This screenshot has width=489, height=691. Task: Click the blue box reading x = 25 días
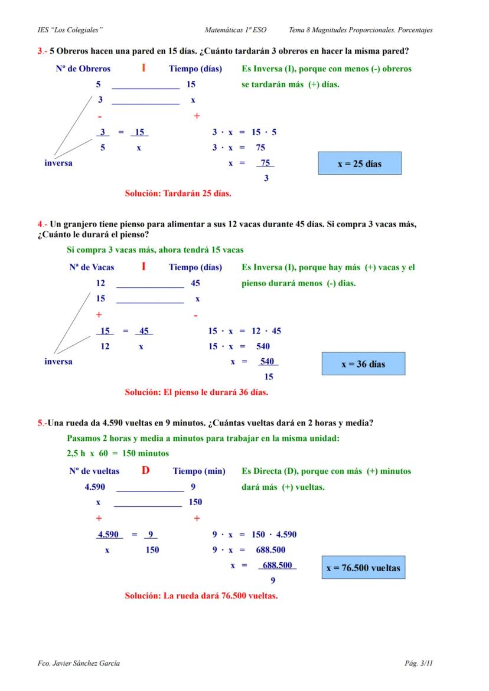360,163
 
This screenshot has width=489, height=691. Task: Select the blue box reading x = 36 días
363,364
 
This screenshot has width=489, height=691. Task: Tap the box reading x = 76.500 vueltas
363,568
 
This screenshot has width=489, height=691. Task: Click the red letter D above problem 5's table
146,470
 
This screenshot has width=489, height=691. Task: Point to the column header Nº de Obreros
83,69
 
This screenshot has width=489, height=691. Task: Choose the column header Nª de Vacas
92,267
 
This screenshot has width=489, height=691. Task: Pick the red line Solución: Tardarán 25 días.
178,193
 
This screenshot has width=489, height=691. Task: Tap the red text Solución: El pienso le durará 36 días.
196,391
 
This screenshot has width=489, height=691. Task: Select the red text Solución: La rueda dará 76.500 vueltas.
201,595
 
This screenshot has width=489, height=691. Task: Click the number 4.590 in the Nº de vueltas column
96,487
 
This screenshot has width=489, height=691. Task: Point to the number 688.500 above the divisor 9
278,565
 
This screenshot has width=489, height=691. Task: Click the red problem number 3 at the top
40,51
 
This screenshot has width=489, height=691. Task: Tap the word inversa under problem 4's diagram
58,361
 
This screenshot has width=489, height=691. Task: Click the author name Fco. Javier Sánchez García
79,664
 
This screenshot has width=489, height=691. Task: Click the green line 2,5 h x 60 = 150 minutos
118,453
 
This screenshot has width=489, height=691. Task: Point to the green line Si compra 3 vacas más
155,250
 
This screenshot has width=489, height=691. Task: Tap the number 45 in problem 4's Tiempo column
195,283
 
